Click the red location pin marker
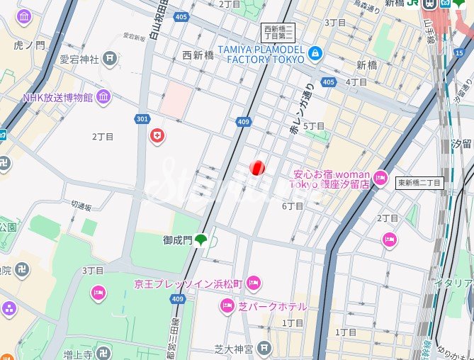[258, 168]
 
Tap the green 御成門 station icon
[201, 241]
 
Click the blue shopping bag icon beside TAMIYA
[315, 54]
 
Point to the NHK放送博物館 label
[57, 97]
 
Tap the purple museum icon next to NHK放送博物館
[103, 97]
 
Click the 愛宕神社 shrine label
[79, 59]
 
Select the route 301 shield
[142, 118]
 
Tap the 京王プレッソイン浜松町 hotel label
[188, 284]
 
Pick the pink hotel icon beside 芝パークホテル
[227, 306]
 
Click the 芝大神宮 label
[233, 349]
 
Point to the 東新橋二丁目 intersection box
[419, 183]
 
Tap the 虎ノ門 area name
[29, 45]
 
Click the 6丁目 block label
[293, 206]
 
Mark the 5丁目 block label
[314, 126]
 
